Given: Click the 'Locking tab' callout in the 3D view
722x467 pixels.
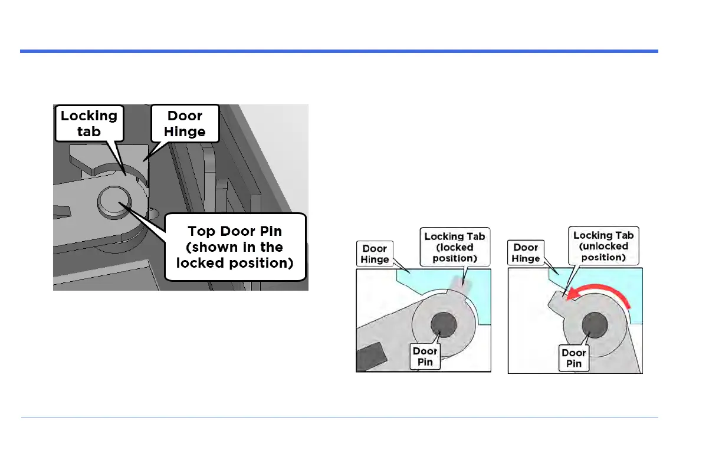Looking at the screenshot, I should click(x=88, y=123).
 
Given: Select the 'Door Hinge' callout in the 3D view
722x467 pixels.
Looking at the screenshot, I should click(x=185, y=123).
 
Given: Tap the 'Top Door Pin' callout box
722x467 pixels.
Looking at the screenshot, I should click(x=235, y=247).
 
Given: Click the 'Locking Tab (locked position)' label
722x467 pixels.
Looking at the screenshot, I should click(x=455, y=248).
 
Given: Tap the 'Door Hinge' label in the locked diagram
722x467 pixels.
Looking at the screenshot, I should click(x=375, y=254).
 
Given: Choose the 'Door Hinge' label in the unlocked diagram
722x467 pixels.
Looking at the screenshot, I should click(x=526, y=254).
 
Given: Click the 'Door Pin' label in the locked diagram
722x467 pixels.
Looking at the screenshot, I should click(x=425, y=357).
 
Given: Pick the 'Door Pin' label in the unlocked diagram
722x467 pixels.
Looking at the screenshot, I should click(x=573, y=358).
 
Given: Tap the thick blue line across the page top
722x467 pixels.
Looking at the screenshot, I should click(x=339, y=51).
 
